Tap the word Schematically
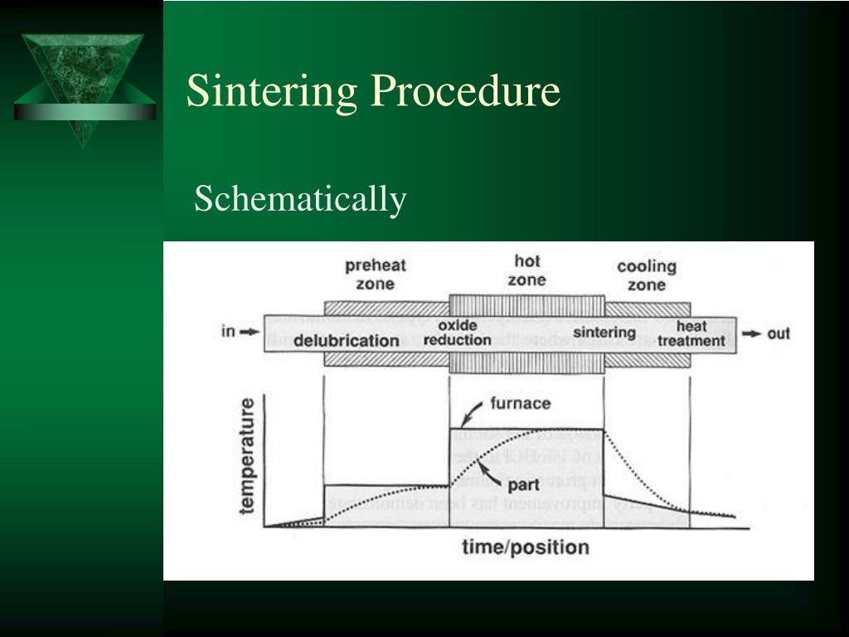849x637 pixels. pos(300,199)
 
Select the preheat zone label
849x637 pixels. pos(375,275)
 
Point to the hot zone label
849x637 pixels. pos(526,271)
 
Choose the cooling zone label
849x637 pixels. pos(647,275)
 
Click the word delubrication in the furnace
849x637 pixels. pos(346,340)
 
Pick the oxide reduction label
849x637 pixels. pos(457,333)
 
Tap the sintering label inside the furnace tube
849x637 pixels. pos(604,333)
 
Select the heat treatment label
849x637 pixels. pos(691,333)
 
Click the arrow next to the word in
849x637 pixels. pos(249,333)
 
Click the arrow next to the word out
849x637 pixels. pos(751,333)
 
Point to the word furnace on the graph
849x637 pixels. pos(520,404)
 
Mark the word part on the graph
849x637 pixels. pos(523,484)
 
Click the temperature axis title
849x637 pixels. pos(248,456)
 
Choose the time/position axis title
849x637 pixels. pos(526,547)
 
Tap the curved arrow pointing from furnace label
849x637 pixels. pos(472,411)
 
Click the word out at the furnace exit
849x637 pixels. pos(779,333)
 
